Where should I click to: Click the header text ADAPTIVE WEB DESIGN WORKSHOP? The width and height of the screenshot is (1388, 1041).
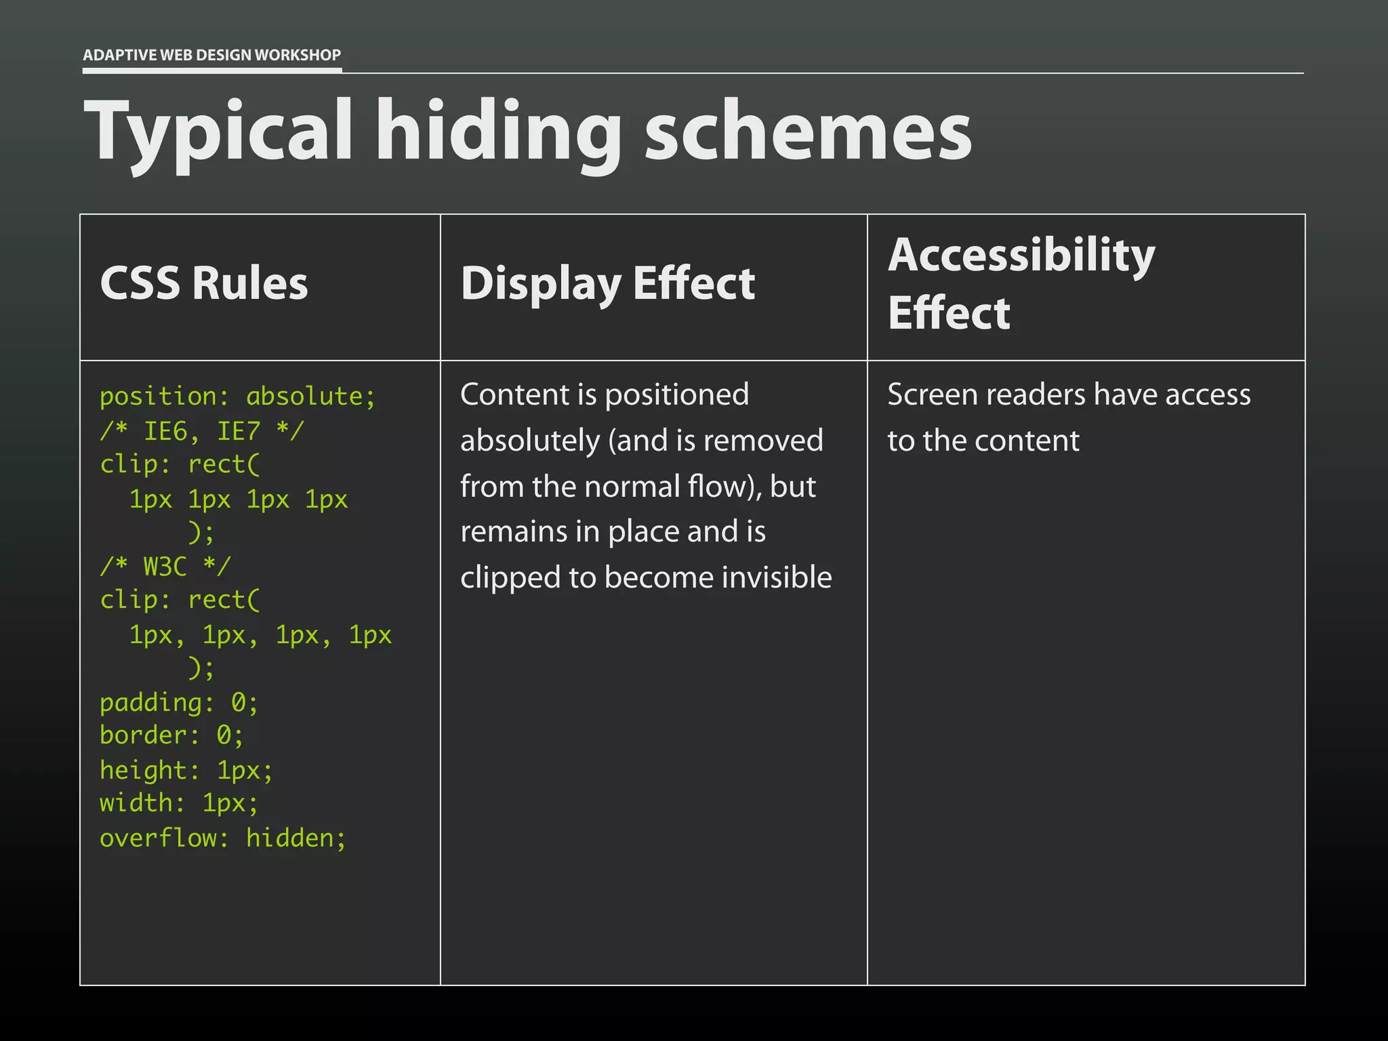tap(211, 55)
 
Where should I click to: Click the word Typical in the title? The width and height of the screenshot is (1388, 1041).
tap(218, 132)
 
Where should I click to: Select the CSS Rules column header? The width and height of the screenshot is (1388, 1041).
tap(204, 283)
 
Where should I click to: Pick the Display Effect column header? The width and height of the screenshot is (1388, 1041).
tap(608, 283)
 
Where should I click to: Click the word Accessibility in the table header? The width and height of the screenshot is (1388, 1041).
tap(1021, 256)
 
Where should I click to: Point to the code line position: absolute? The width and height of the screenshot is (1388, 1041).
tap(237, 396)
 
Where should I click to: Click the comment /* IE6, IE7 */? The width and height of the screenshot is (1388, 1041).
tap(202, 431)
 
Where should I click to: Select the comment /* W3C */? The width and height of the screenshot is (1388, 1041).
tap(165, 566)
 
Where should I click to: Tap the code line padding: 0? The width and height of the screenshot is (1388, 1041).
tap(179, 703)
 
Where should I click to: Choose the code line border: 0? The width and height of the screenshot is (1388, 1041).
tap(171, 735)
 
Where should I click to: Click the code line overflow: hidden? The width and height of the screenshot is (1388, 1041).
tap(223, 838)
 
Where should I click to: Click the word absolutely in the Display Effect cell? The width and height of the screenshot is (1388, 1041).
tap(529, 441)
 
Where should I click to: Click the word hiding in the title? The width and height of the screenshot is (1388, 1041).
tap(498, 132)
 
